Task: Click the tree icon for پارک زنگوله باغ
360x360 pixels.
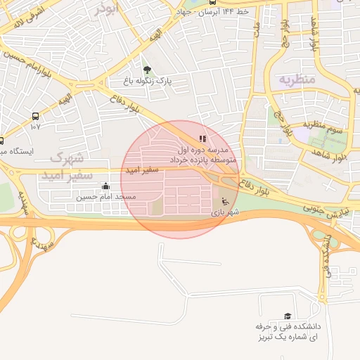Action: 146,70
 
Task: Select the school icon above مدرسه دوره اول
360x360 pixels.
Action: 203,139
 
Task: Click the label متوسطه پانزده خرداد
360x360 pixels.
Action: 204,161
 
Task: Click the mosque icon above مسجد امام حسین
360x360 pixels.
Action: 105,186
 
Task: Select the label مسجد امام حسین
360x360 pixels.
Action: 105,198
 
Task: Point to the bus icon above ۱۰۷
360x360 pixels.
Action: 35,116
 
